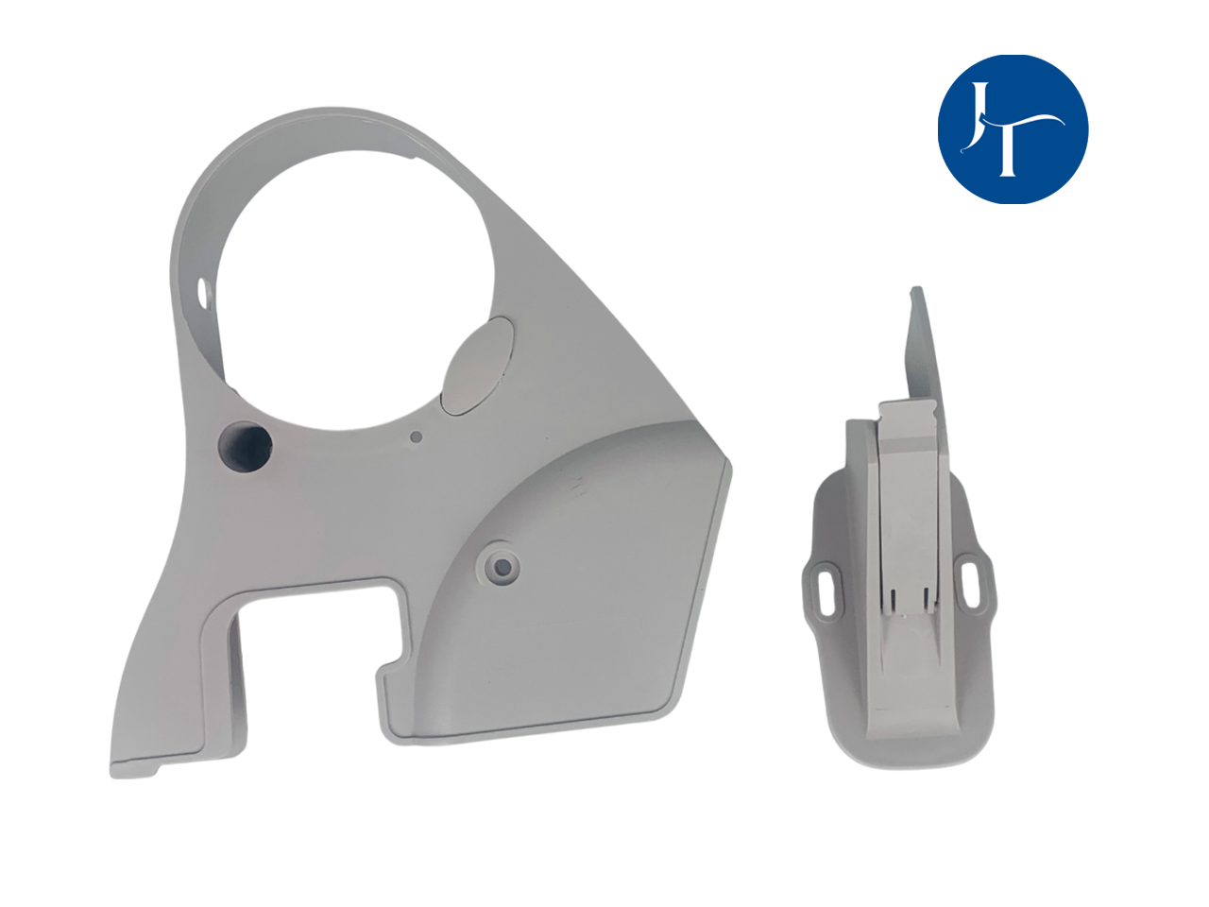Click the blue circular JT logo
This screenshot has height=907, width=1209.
click(1013, 129)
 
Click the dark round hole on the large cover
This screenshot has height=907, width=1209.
click(245, 447)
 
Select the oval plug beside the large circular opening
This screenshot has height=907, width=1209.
click(478, 364)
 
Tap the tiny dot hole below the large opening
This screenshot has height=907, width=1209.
click(417, 436)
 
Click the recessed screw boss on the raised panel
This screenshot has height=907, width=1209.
click(502, 565)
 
